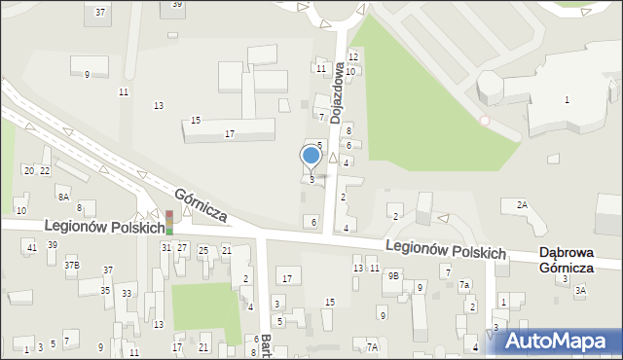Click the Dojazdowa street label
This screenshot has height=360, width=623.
pyautogui.click(x=336, y=103)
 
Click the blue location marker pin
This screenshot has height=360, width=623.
pyautogui.click(x=311, y=156)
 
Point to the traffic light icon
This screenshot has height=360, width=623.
pyautogui.click(x=168, y=222)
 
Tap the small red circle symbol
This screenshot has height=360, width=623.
pyautogui.click(x=485, y=120)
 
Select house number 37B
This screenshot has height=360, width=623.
pyautogui.click(x=72, y=265)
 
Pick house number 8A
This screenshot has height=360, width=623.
pyautogui.click(x=63, y=197)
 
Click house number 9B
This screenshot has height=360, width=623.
pyautogui.click(x=393, y=276)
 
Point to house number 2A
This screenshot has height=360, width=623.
pyautogui.click(x=522, y=204)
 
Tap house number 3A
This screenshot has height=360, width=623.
pyautogui.click(x=581, y=290)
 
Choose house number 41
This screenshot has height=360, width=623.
pyautogui.click(x=32, y=247)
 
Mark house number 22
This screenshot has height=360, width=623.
pyautogui.click(x=45, y=170)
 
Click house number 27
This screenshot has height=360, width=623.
pyautogui.click(x=182, y=248)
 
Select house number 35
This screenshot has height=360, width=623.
pyautogui.click(x=105, y=290)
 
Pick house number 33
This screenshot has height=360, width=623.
pyautogui.click(x=127, y=293)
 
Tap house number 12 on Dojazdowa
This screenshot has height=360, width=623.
pyautogui.click(x=353, y=57)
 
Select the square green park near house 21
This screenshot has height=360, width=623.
pyautogui.click(x=205, y=310)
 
